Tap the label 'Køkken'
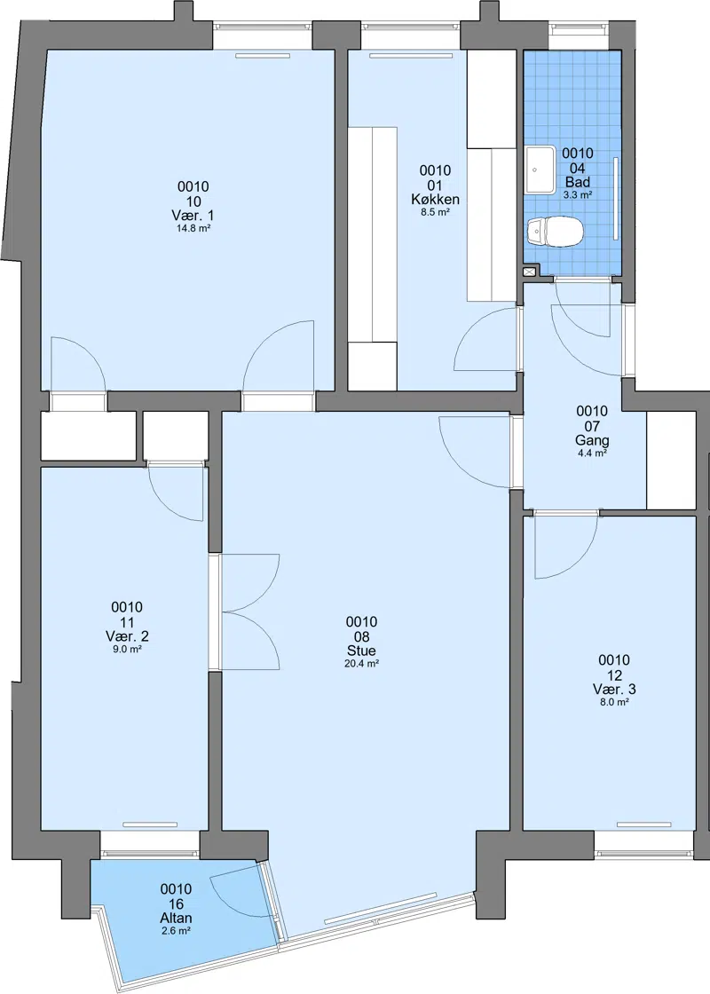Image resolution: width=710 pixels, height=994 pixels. tap(435, 199)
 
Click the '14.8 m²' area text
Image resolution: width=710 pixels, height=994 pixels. tap(193, 228)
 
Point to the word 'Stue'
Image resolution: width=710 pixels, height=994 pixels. tap(361, 651)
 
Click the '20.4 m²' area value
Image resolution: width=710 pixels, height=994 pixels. tap(361, 664)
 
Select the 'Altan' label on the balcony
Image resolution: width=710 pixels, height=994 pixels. tap(176, 918)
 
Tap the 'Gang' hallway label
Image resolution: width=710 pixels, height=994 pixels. tap(592, 440)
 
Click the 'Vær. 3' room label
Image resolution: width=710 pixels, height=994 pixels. tap(614, 689)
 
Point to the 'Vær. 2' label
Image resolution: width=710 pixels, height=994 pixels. tap(127, 636)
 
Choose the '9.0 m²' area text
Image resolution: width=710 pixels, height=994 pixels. tap(127, 650)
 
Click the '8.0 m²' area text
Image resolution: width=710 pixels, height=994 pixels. tap(614, 702)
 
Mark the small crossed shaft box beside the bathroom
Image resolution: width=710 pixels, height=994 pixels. tap(530, 272)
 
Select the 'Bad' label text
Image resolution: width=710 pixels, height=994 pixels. tap(578, 183)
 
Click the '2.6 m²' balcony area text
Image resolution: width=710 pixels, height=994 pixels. tap(176, 931)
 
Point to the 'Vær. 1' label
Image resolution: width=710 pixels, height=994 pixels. tap(193, 216)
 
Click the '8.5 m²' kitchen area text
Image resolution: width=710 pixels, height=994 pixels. tap(435, 212)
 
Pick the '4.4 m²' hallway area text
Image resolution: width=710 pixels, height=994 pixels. tap(592, 454)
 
